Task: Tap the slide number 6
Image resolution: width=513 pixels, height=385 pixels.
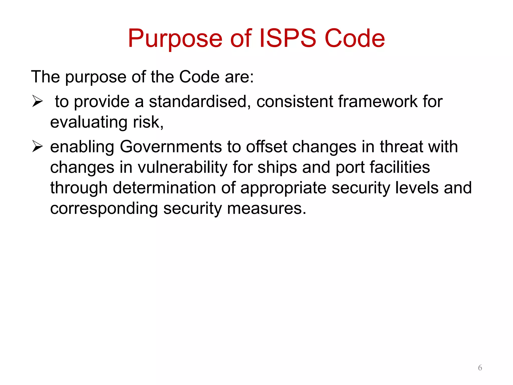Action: (x=480, y=368)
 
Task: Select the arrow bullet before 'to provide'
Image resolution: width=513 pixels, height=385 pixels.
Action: (x=38, y=102)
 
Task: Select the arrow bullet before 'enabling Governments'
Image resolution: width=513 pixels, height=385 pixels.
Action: (x=38, y=147)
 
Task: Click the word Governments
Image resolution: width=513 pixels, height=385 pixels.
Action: (x=171, y=147)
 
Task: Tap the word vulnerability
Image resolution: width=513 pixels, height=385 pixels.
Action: (x=182, y=167)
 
